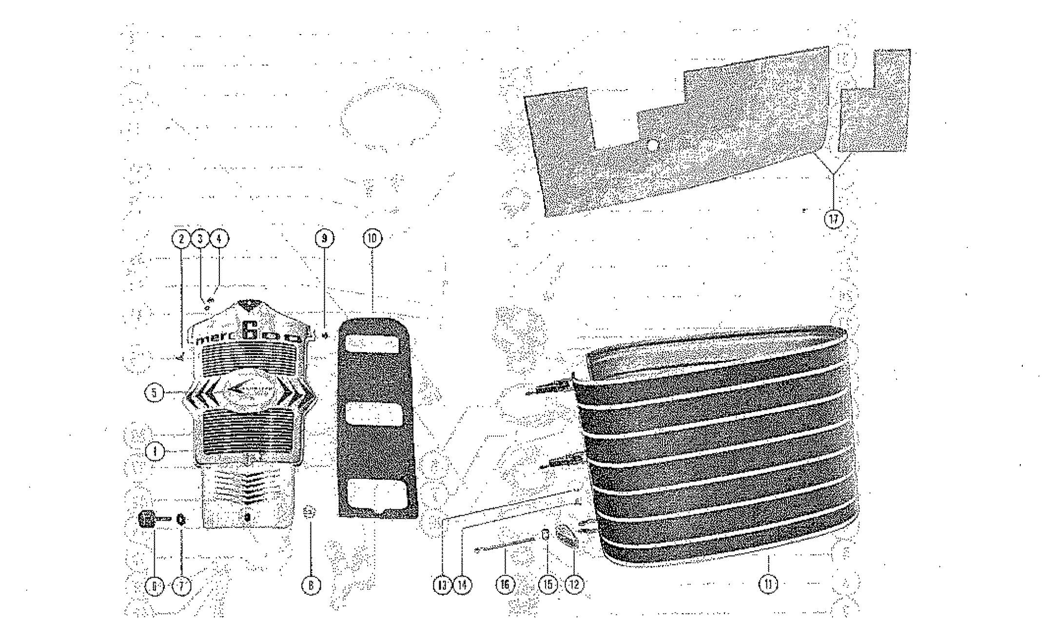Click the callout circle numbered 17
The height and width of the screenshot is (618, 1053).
tap(834, 219)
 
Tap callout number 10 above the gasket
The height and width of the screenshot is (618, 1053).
tap(373, 238)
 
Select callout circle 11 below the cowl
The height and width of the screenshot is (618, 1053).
tap(769, 584)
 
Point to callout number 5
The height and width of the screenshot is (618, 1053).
tap(154, 393)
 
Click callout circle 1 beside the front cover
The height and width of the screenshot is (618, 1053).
tap(155, 451)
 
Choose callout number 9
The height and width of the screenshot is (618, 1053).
tap(324, 238)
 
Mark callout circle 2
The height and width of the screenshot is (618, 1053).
tap(181, 238)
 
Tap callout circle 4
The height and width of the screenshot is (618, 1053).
tap(219, 238)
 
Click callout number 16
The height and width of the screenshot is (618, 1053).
tap(505, 584)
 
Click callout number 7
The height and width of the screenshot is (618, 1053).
tap(181, 586)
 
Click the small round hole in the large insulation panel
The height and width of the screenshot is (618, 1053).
tap(652, 144)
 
